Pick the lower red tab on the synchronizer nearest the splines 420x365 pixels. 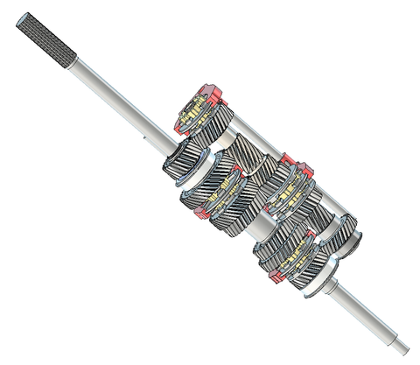178,127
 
